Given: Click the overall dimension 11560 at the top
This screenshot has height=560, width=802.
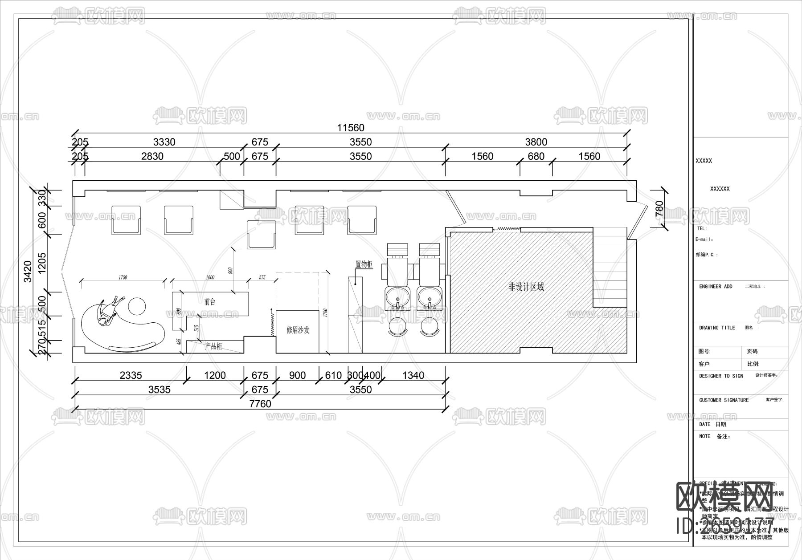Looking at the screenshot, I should (351, 128).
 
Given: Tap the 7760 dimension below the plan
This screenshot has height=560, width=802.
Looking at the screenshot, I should (260, 404).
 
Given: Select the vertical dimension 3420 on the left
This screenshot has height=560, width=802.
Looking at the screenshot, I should (28, 271).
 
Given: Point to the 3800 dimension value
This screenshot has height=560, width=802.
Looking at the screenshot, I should (536, 142).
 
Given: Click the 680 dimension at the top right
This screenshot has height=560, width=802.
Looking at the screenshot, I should (536, 156).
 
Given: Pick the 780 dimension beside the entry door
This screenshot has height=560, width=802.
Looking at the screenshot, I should (659, 209).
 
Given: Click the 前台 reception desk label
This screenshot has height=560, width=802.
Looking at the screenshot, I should (210, 302).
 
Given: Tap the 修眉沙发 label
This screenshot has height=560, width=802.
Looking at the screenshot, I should (298, 330).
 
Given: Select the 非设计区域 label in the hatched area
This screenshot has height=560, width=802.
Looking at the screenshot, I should (526, 287).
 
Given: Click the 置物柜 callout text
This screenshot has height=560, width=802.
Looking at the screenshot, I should (364, 264).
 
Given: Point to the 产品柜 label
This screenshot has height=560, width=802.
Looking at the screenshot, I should (213, 346).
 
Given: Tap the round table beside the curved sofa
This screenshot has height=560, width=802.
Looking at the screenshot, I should (137, 306).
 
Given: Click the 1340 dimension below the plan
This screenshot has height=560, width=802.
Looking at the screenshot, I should (413, 375).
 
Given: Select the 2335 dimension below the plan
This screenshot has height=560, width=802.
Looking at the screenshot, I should (131, 375).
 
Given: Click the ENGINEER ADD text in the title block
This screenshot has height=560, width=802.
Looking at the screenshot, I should (716, 287).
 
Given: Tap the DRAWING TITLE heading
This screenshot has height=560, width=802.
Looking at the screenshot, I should (717, 328).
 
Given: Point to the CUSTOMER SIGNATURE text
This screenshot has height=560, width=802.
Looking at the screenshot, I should (724, 400).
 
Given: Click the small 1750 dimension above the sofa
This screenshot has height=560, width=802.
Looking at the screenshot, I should (123, 277).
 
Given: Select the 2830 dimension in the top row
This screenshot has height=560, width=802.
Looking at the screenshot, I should (152, 156).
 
